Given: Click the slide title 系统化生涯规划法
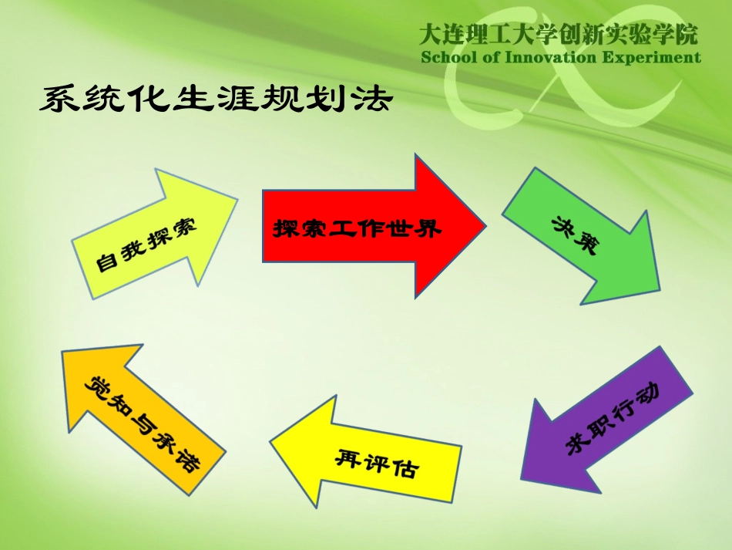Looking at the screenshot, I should click(x=217, y=100).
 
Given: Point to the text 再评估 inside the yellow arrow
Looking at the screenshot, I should click(x=376, y=463).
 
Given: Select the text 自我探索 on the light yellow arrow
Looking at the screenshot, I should click(x=146, y=242).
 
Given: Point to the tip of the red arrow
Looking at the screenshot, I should click(x=484, y=225).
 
